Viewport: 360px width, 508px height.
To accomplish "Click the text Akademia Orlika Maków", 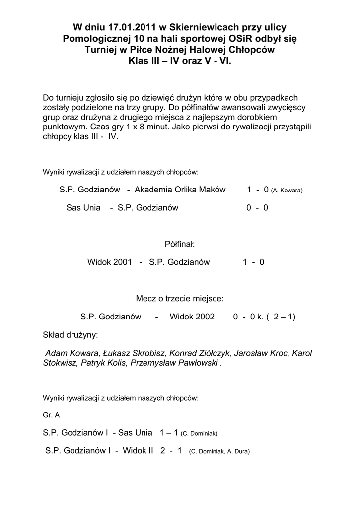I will pyautogui.click(x=180, y=190).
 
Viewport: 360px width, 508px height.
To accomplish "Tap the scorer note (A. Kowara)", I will pyautogui.click(x=287, y=190).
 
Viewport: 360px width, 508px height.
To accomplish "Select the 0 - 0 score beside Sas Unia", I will pyautogui.click(x=257, y=208).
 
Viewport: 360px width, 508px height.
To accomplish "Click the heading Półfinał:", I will pyautogui.click(x=179, y=244).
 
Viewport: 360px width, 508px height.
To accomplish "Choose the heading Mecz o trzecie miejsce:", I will pyautogui.click(x=180, y=299).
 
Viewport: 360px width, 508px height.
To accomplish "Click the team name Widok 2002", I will pyautogui.click(x=192, y=317).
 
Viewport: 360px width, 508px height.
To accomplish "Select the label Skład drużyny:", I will pyautogui.click(x=71, y=335).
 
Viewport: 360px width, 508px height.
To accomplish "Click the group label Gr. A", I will pyautogui.click(x=51, y=415).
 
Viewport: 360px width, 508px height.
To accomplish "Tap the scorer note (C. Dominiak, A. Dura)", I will pyautogui.click(x=219, y=452).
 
